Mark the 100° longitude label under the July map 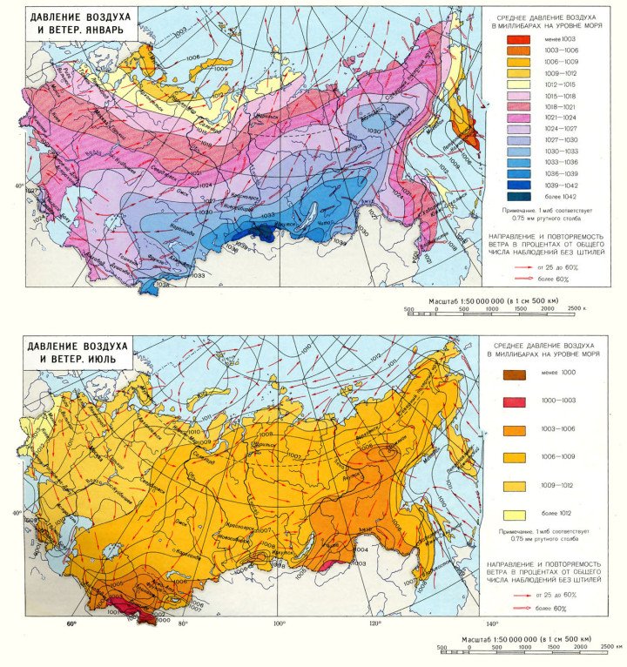pyautogui.click(x=279, y=623)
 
